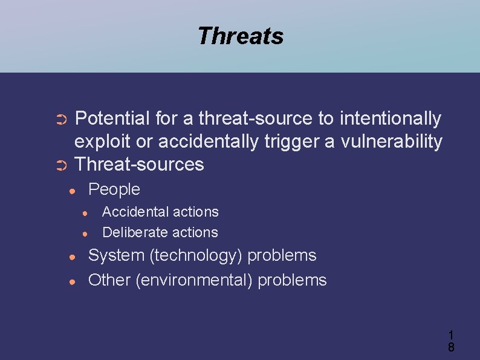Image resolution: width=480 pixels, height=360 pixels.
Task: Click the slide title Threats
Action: pyautogui.click(x=240, y=36)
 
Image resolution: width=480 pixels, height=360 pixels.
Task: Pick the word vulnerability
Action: pyautogui.click(x=392, y=142)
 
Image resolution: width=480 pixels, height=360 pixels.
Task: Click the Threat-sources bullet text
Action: pyautogui.click(x=139, y=164)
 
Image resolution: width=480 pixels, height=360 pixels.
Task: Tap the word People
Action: pyautogui.click(x=114, y=189)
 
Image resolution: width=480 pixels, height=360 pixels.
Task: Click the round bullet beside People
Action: pyautogui.click(x=72, y=191)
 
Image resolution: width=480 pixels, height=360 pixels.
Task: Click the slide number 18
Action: pyautogui.click(x=451, y=341)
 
